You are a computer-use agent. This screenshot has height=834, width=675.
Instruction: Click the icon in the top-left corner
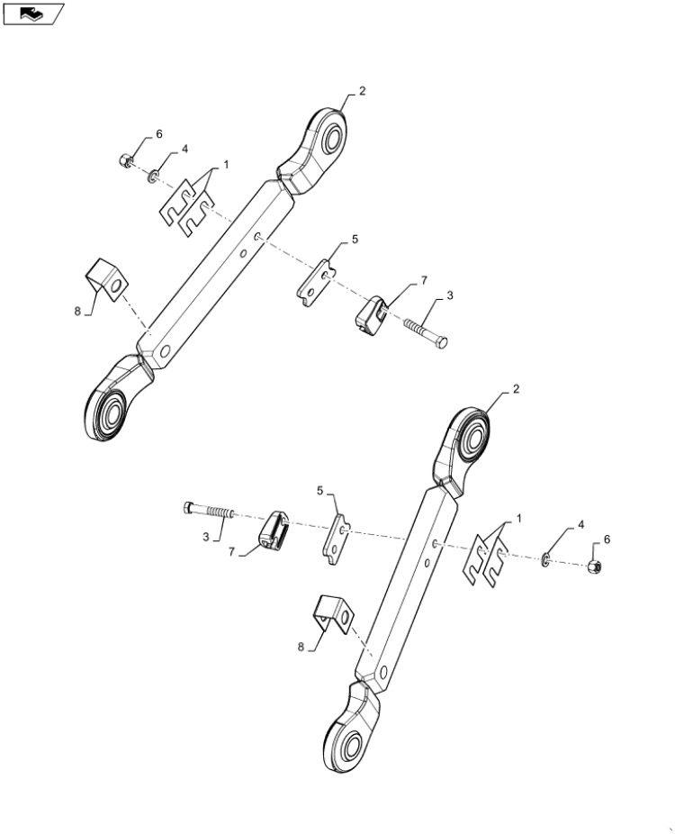(x=33, y=14)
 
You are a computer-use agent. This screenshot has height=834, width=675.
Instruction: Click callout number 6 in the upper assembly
(x=158, y=134)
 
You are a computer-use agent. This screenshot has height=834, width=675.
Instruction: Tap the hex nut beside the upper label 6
(x=126, y=160)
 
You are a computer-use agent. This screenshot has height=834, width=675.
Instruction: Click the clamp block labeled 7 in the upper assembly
(x=371, y=315)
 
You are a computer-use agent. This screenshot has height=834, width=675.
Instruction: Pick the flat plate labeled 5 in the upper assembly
(x=316, y=283)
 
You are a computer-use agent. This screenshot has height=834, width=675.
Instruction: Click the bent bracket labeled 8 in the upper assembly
(x=107, y=280)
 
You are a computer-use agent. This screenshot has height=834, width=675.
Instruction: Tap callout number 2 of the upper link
(x=363, y=92)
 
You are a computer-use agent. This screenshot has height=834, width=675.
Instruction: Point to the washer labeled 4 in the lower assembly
(x=545, y=559)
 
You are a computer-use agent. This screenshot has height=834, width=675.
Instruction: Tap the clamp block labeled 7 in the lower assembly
(x=274, y=530)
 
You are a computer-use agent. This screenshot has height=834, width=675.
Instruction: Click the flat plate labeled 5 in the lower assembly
(x=337, y=539)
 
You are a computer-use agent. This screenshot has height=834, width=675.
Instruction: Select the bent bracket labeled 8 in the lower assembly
(x=333, y=615)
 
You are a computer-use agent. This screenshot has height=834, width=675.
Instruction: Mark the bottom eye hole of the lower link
(x=351, y=747)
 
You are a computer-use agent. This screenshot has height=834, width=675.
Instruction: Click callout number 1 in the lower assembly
(x=518, y=519)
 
